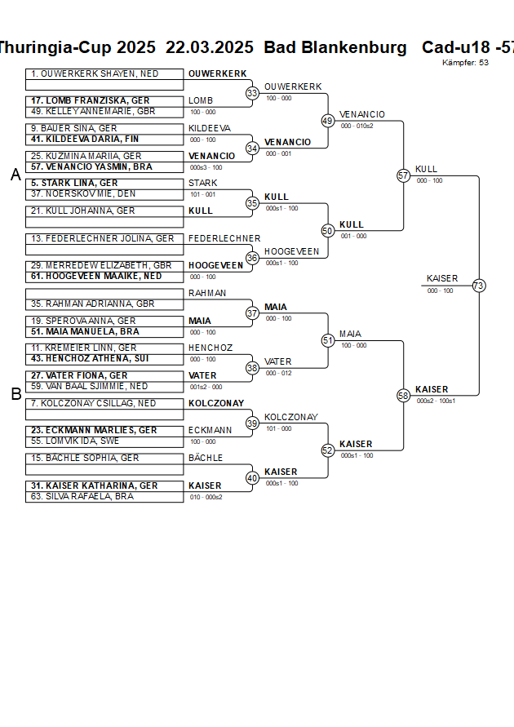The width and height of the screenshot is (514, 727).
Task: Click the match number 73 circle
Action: point(479,286)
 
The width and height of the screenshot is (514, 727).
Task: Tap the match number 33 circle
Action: point(253,94)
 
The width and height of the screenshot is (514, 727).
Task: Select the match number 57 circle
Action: point(403,175)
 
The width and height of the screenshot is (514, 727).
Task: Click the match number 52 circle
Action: point(328,450)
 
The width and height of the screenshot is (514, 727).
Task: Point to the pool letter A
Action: point(16,175)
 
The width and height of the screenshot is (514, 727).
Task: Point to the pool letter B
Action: point(16,394)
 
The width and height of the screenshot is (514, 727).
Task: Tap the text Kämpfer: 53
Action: point(466,63)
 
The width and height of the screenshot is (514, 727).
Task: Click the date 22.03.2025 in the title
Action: point(210,47)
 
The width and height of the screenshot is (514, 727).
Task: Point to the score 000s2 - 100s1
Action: point(436,401)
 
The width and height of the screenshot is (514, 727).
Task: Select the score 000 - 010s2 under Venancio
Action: point(357,126)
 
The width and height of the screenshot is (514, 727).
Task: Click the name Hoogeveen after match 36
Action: point(291,251)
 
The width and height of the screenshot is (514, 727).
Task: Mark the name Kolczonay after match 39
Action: point(290,417)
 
